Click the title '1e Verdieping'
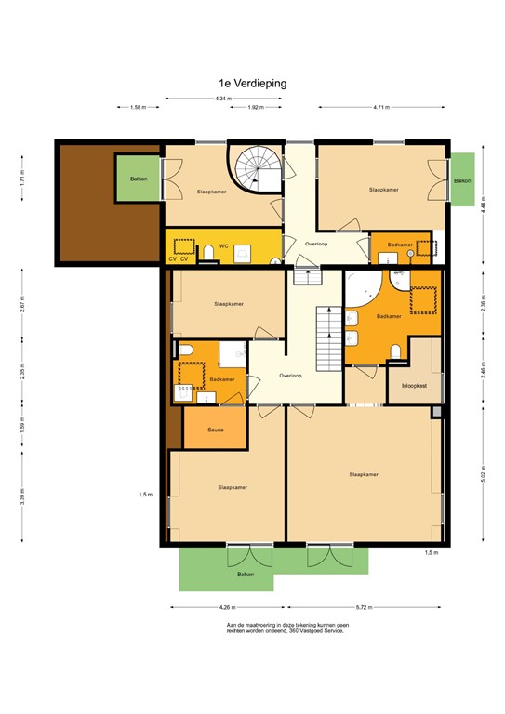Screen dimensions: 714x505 click(246, 83)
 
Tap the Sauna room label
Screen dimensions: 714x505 click(215, 429)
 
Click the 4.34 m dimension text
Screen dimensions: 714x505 click(221, 98)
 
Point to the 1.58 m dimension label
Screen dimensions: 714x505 click(139, 108)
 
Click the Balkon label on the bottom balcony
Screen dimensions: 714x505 click(246, 575)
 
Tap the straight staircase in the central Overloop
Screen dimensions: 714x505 click(329, 339)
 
